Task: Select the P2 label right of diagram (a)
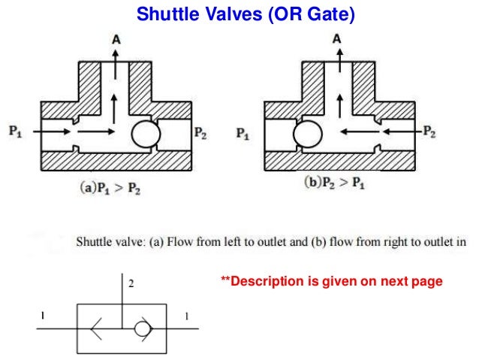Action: pyautogui.click(x=201, y=134)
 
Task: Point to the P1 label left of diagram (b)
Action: pyautogui.click(x=243, y=134)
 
